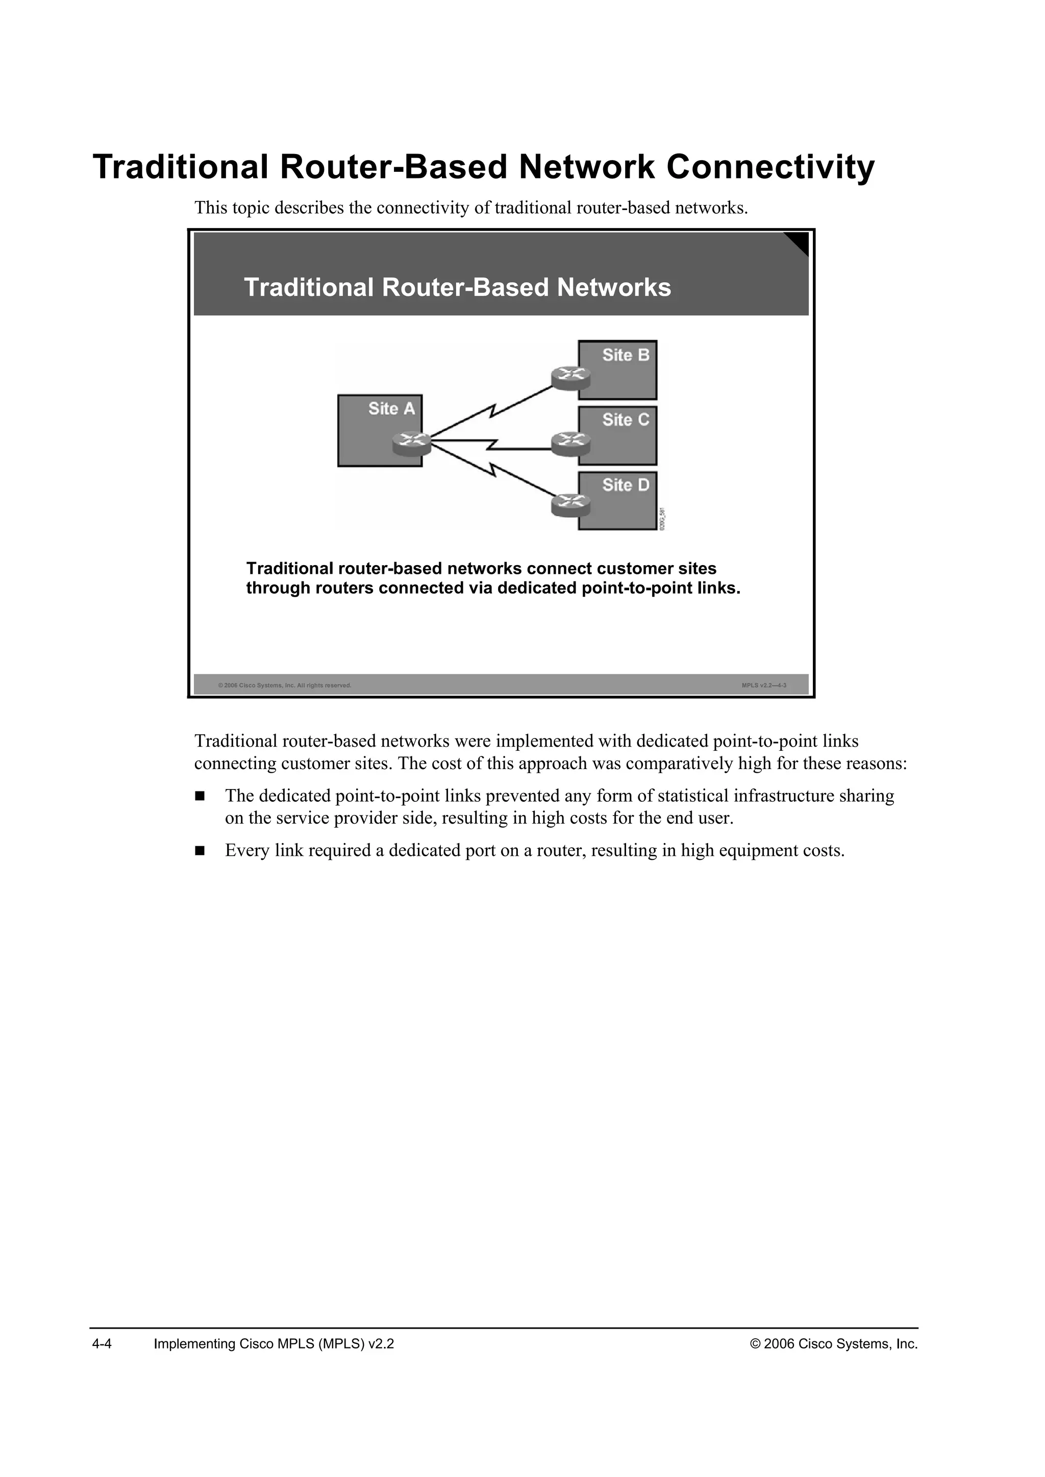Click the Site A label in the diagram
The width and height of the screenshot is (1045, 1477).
pos(391,409)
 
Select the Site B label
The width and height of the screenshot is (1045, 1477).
pos(626,355)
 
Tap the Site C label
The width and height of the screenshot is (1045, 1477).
pos(626,420)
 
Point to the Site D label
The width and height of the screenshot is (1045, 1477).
pos(626,485)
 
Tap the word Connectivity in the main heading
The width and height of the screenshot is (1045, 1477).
pos(770,167)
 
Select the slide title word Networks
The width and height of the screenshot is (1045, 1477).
pos(614,288)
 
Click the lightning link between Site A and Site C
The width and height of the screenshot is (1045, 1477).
pos(492,443)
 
